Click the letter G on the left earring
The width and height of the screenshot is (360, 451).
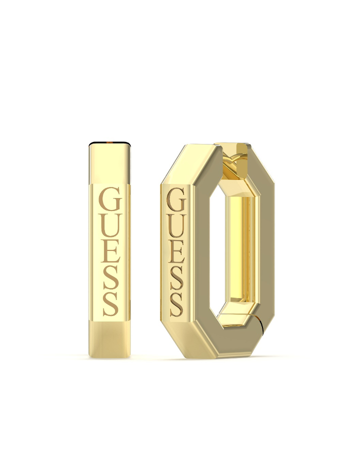pos(110,199)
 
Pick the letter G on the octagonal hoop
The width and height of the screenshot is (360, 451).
pos(176,200)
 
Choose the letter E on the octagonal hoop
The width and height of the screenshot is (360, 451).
pos(176,252)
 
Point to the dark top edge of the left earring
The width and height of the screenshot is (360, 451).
pos(110,144)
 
